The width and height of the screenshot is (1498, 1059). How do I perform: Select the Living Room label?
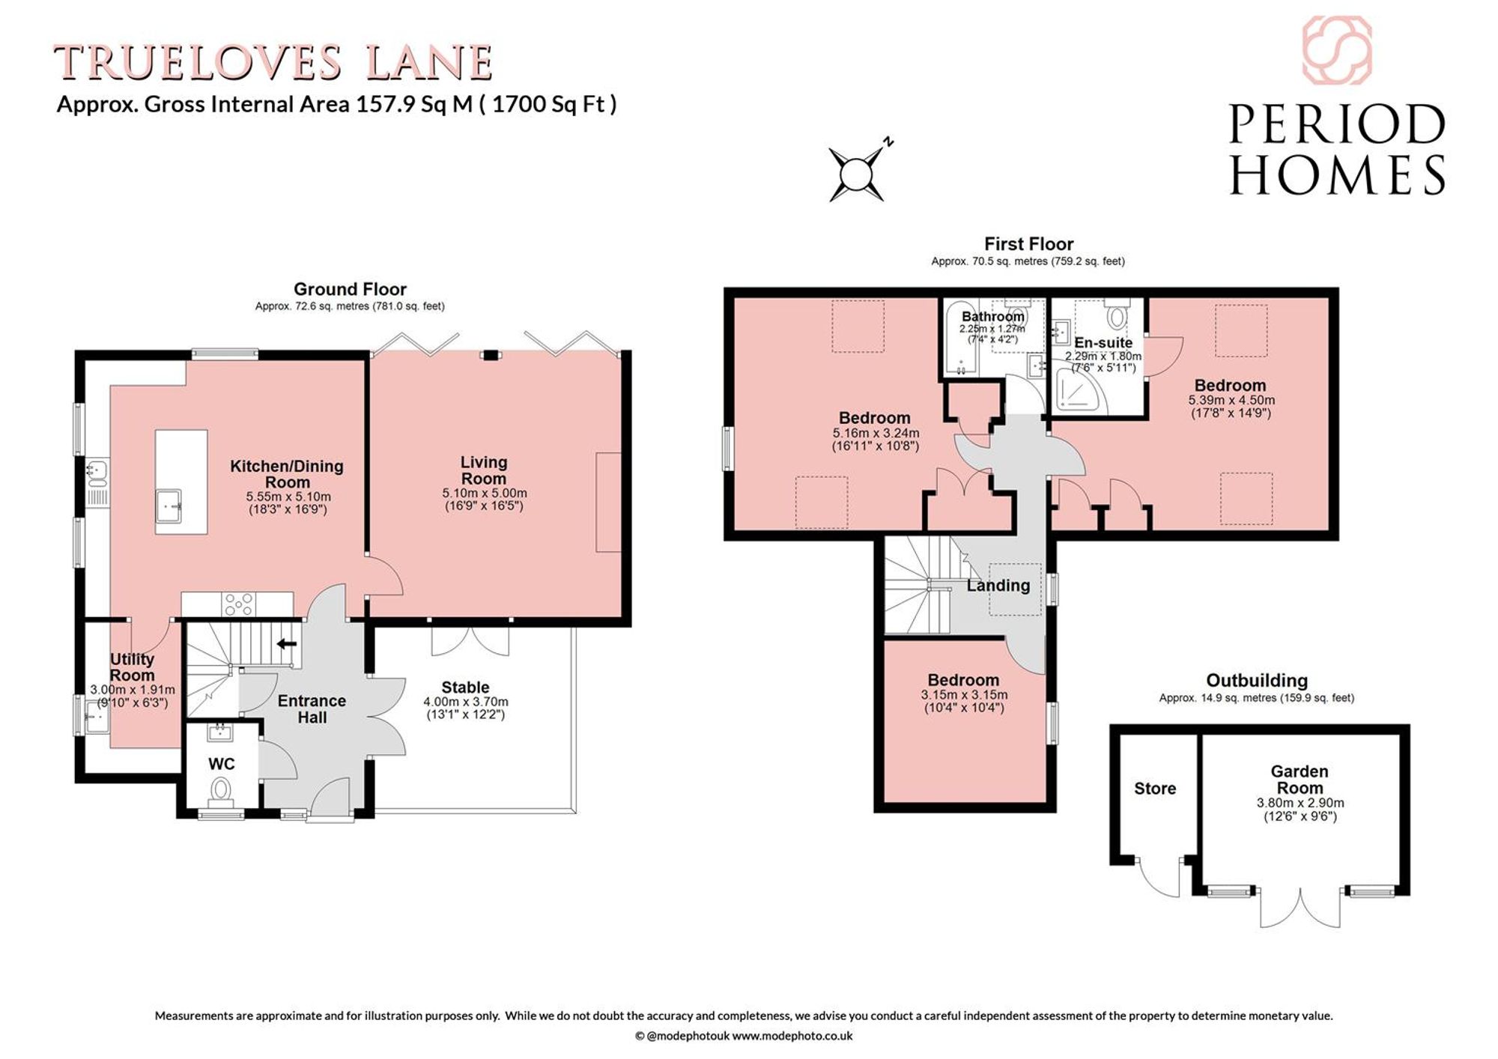pos(484,470)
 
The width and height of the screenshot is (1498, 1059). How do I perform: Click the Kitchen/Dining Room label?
pos(287,474)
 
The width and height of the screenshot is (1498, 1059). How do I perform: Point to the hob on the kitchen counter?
pos(239,603)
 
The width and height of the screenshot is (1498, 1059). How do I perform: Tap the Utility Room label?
pos(132,667)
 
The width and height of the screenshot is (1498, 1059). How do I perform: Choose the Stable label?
pos(465,687)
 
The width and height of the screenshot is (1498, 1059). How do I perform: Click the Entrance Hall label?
pos(312,708)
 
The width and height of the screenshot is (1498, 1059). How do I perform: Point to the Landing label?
pos(998,586)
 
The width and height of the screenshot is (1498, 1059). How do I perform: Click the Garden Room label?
pos(1300,779)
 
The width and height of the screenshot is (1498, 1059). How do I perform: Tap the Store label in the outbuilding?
pos(1155,788)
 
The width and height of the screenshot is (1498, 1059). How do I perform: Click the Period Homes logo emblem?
pos(1337,50)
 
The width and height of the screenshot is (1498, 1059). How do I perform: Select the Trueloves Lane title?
pos(273,62)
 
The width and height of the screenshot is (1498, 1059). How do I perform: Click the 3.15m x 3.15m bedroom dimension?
pos(964,694)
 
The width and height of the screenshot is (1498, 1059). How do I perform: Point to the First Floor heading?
pos(1028,244)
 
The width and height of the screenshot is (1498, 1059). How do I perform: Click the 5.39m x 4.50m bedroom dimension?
pos(1231,400)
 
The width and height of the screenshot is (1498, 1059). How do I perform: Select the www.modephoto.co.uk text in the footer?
pos(792,1036)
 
